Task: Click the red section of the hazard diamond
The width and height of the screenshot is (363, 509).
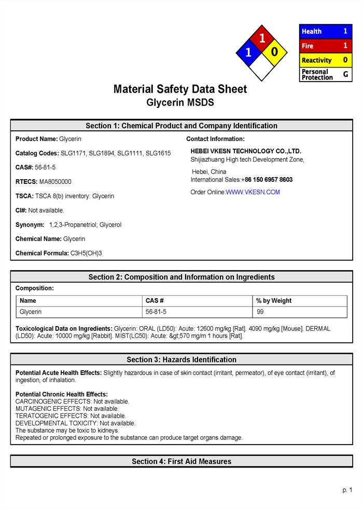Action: click(x=262, y=38)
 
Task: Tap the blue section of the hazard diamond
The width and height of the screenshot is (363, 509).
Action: click(x=248, y=52)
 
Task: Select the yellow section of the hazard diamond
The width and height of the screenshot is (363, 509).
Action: click(x=275, y=52)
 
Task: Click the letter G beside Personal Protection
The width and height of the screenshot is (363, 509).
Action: click(x=345, y=74)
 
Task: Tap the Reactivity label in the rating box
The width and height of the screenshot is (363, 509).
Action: click(x=316, y=60)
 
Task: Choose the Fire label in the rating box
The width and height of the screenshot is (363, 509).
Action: click(x=308, y=46)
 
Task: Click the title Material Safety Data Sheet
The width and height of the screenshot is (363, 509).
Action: click(x=180, y=89)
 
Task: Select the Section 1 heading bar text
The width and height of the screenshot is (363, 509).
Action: click(x=181, y=126)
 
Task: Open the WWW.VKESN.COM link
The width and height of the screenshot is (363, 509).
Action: click(x=253, y=192)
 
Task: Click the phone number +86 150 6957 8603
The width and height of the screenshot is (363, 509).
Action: click(x=267, y=180)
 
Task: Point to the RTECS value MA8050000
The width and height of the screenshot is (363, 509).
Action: click(x=55, y=182)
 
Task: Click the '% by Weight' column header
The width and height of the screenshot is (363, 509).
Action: click(x=274, y=301)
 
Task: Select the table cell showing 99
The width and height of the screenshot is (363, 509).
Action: click(x=260, y=312)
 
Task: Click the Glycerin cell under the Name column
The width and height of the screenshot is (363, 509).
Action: click(x=31, y=312)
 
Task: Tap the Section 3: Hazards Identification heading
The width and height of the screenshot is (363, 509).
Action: click(x=181, y=359)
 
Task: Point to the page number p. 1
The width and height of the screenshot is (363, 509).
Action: click(x=347, y=490)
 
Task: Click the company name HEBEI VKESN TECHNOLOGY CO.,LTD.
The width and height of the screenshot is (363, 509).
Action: click(x=246, y=151)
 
